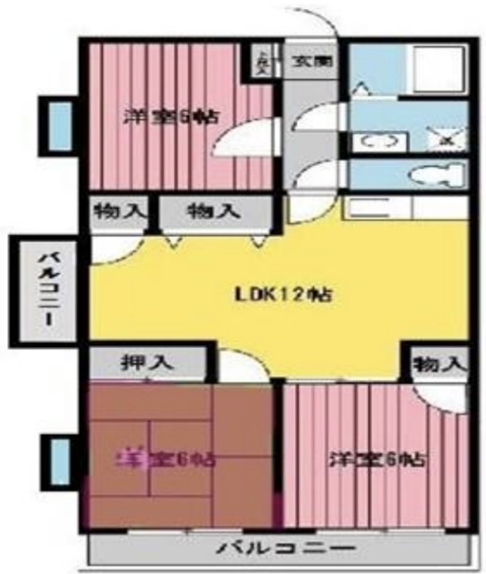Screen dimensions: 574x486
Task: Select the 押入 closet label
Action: pos(141,363)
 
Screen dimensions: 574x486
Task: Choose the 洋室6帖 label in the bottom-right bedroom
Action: pos(377,460)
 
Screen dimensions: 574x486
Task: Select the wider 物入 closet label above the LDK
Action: pos(213,213)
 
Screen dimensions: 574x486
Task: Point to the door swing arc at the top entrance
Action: pos(314,27)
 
